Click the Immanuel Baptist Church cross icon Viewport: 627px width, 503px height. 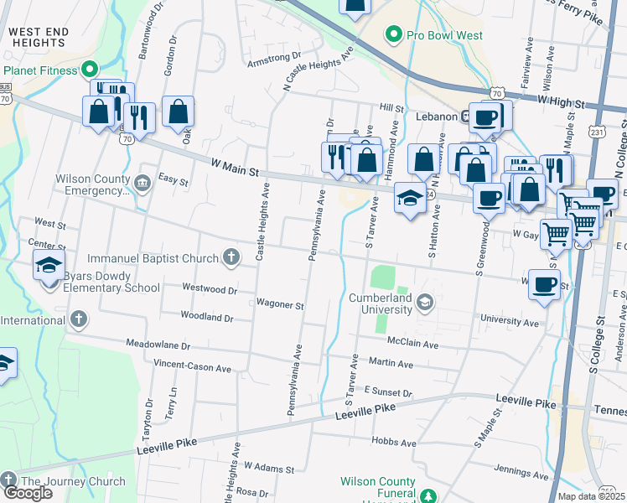232,257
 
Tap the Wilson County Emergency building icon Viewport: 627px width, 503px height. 142,184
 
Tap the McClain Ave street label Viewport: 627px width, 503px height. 412,344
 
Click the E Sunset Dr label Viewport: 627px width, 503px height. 388,392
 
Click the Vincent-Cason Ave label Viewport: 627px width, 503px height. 192,366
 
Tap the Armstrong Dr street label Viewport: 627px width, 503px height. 273,60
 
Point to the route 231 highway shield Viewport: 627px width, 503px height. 596,132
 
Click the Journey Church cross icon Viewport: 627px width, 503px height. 8,481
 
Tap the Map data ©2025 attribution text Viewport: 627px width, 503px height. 591,496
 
